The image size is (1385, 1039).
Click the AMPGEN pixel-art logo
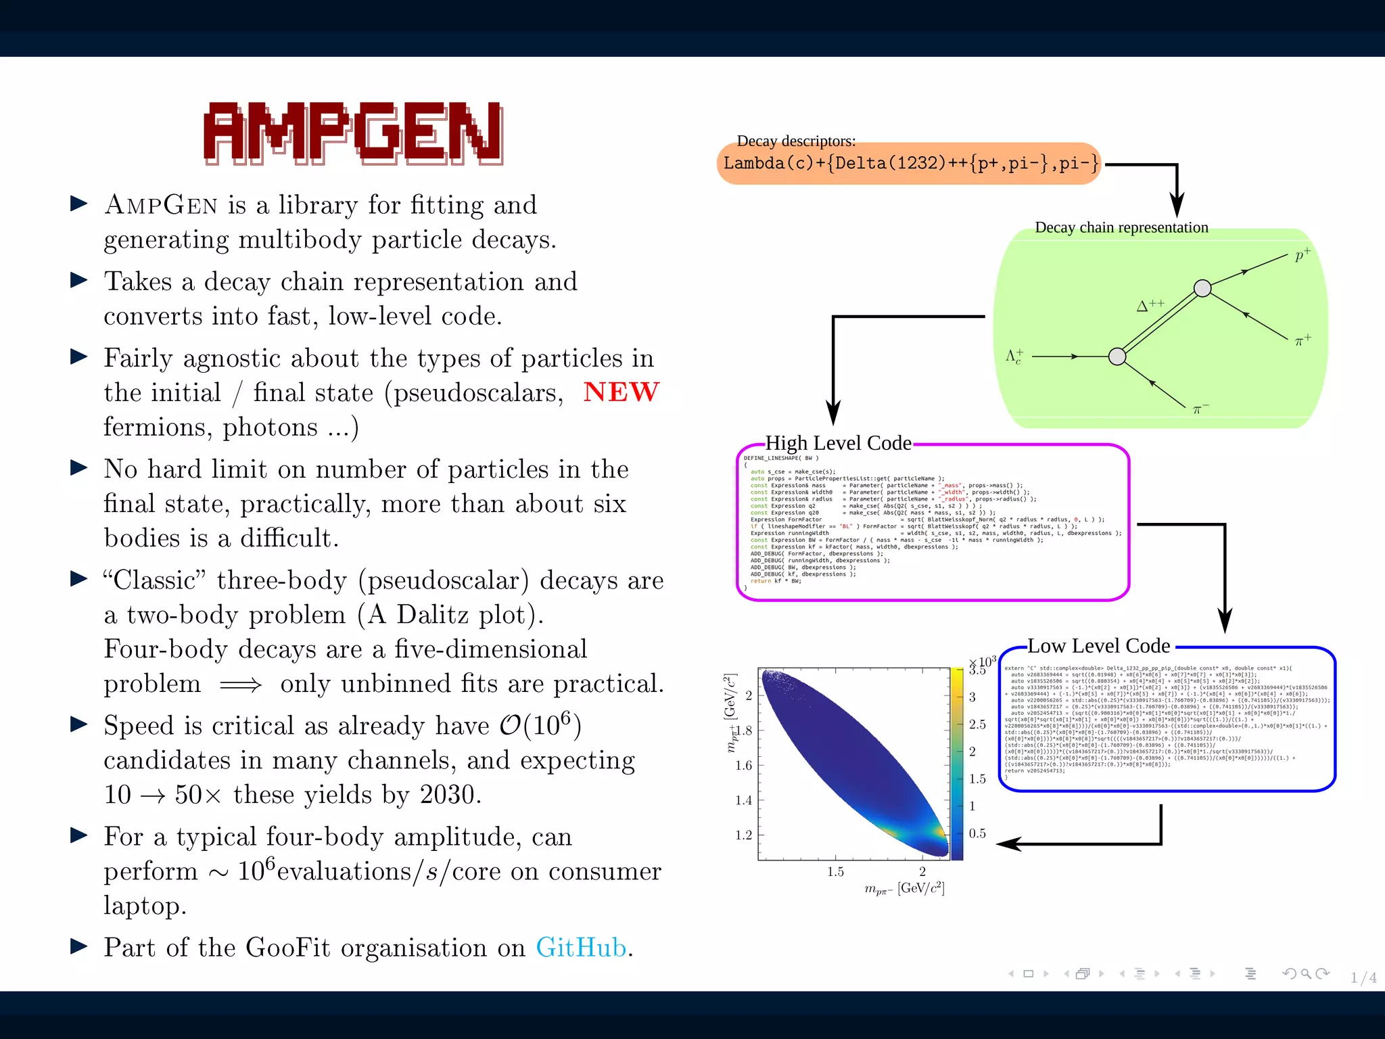click(x=353, y=133)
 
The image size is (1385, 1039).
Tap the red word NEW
click(x=621, y=392)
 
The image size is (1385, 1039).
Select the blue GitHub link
click(x=582, y=948)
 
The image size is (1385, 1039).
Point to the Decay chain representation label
click(x=1121, y=228)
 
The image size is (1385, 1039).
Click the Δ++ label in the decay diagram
click(x=1150, y=305)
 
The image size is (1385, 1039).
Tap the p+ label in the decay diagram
click(x=1302, y=255)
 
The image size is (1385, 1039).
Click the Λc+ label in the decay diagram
click(x=1014, y=356)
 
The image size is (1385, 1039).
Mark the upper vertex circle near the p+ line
click(x=1202, y=289)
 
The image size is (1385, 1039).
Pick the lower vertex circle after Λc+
click(x=1117, y=356)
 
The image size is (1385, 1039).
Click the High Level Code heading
click(x=839, y=443)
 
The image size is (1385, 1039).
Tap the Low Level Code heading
click(x=1099, y=646)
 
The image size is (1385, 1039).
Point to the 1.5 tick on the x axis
click(x=836, y=872)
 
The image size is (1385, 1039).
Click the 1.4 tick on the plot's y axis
click(x=743, y=800)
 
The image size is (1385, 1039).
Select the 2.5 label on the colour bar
click(x=977, y=724)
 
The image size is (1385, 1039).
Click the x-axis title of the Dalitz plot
click(x=904, y=889)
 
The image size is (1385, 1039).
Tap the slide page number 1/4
click(x=1363, y=977)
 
